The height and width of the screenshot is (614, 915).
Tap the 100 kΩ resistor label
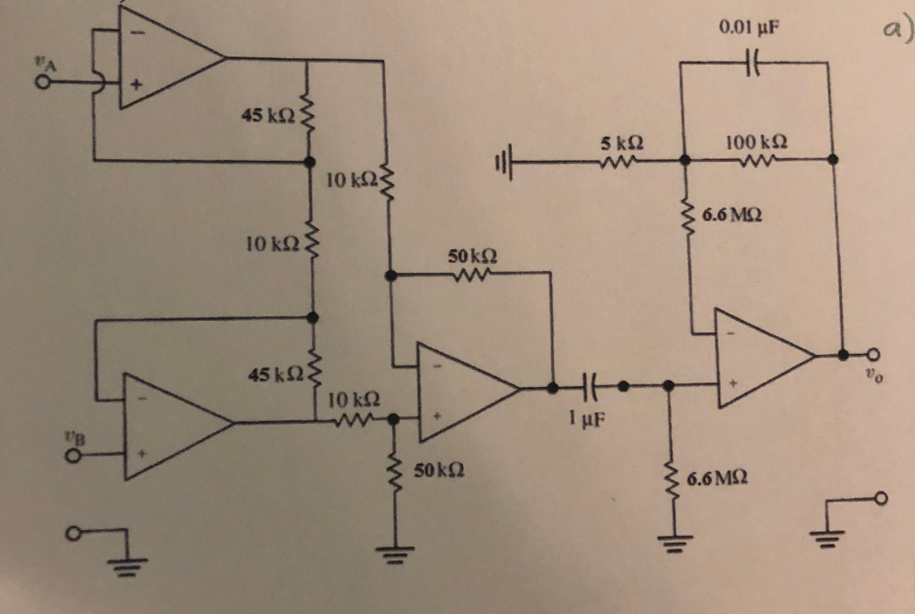[756, 142]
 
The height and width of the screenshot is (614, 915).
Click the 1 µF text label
[585, 417]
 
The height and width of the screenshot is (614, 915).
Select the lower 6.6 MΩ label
[718, 483]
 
